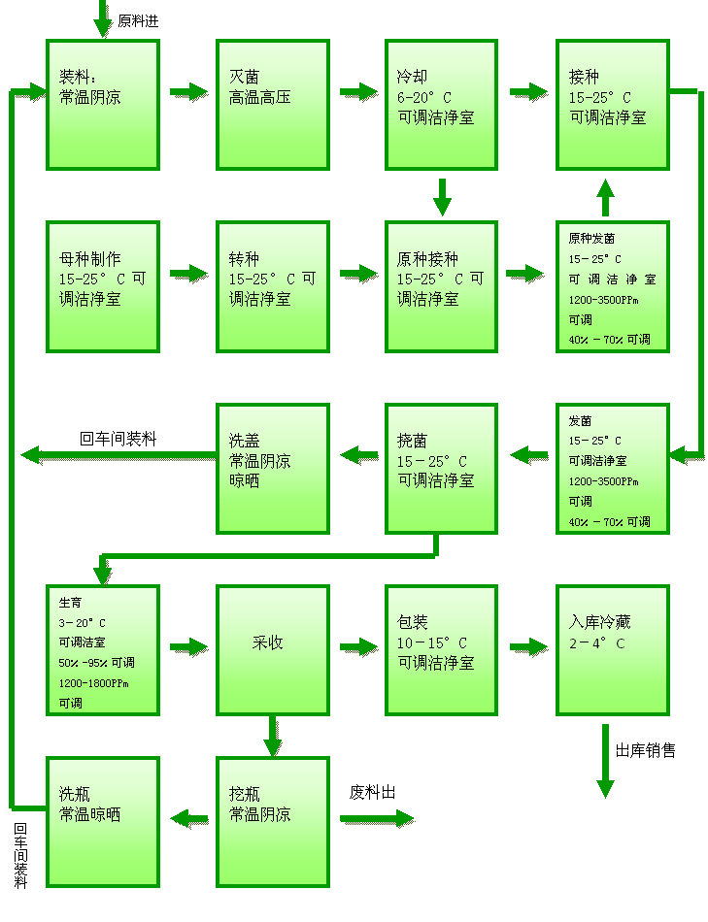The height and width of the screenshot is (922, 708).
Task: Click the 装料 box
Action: tap(102, 105)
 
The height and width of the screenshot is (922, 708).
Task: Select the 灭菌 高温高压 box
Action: tap(272, 105)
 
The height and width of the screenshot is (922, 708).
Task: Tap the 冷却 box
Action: tap(441, 105)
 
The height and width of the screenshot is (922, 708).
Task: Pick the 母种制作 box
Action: tap(102, 286)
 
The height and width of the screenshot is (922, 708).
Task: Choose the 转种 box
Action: tap(272, 286)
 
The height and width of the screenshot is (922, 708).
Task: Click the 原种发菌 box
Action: tap(612, 286)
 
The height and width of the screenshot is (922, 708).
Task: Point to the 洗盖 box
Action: tap(272, 468)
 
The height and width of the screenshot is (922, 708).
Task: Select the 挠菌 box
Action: tap(441, 468)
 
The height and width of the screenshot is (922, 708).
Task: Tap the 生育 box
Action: tap(102, 649)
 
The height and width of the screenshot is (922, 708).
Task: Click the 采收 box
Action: tap(272, 649)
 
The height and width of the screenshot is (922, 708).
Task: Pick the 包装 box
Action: tap(441, 649)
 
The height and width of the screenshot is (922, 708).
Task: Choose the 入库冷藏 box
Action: tap(612, 649)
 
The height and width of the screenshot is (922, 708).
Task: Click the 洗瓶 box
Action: tap(102, 821)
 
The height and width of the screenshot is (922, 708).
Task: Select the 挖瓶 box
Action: tap(272, 821)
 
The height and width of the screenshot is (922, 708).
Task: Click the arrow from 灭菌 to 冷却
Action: tap(358, 92)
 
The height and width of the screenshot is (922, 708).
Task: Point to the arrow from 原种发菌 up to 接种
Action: tap(605, 198)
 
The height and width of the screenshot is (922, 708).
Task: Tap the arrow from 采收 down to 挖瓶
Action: tap(273, 737)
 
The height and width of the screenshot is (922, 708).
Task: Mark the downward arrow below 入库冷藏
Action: tap(605, 762)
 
